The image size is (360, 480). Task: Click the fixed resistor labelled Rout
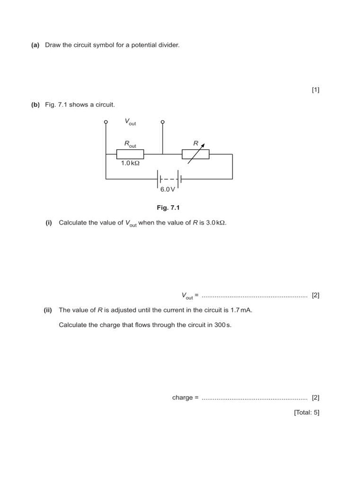click(130, 154)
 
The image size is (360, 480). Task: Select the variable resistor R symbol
click(195, 154)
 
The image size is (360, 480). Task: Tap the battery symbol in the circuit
click(169, 179)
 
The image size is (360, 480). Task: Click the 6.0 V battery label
click(167, 189)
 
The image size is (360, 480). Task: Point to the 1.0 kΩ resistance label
click(130, 164)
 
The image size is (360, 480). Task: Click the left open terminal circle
click(106, 122)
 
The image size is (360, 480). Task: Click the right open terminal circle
click(163, 122)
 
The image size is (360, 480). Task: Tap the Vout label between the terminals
click(130, 121)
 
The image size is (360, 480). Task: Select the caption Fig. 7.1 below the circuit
click(168, 208)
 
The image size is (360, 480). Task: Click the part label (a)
click(35, 45)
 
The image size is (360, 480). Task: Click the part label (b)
click(36, 105)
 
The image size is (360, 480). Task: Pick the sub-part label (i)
click(49, 223)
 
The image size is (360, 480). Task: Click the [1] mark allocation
click(315, 90)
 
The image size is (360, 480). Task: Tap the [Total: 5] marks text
click(307, 412)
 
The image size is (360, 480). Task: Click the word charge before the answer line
click(182, 397)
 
